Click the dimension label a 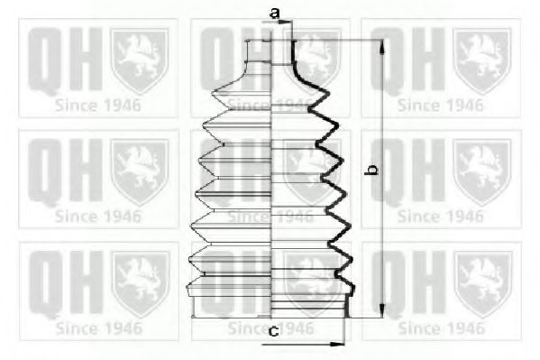(x=274, y=14)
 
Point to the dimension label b (x=372, y=170)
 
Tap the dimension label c (x=273, y=331)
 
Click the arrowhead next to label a (x=285, y=23)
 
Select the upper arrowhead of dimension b (x=382, y=47)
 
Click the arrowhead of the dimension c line (x=337, y=344)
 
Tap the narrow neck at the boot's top (x=271, y=52)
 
